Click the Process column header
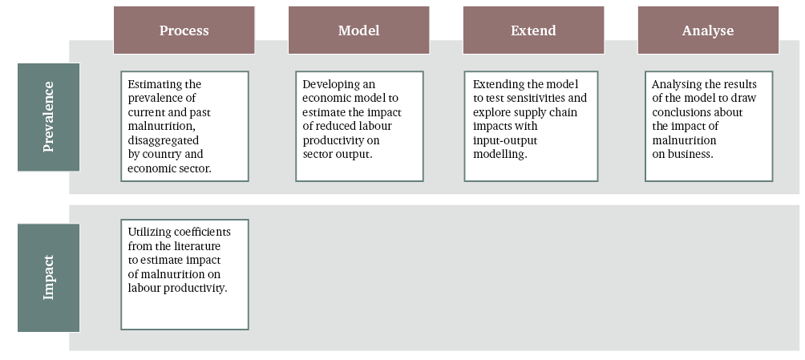click(x=184, y=30)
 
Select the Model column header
click(x=359, y=30)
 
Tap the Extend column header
click(x=533, y=30)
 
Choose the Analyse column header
click(x=708, y=30)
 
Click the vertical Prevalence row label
click(x=48, y=117)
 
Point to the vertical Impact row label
click(x=48, y=278)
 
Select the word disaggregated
click(x=164, y=140)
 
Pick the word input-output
click(x=505, y=140)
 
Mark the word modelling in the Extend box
click(x=499, y=154)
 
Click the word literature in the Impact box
click(x=197, y=246)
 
